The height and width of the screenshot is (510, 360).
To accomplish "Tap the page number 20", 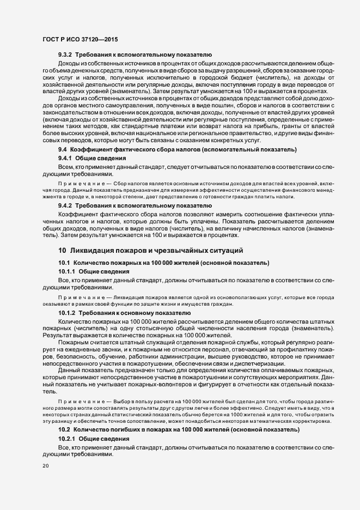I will point(45,466).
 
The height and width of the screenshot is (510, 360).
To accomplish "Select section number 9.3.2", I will point(65,56).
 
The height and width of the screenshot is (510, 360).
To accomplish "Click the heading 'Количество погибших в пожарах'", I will point(132,429).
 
